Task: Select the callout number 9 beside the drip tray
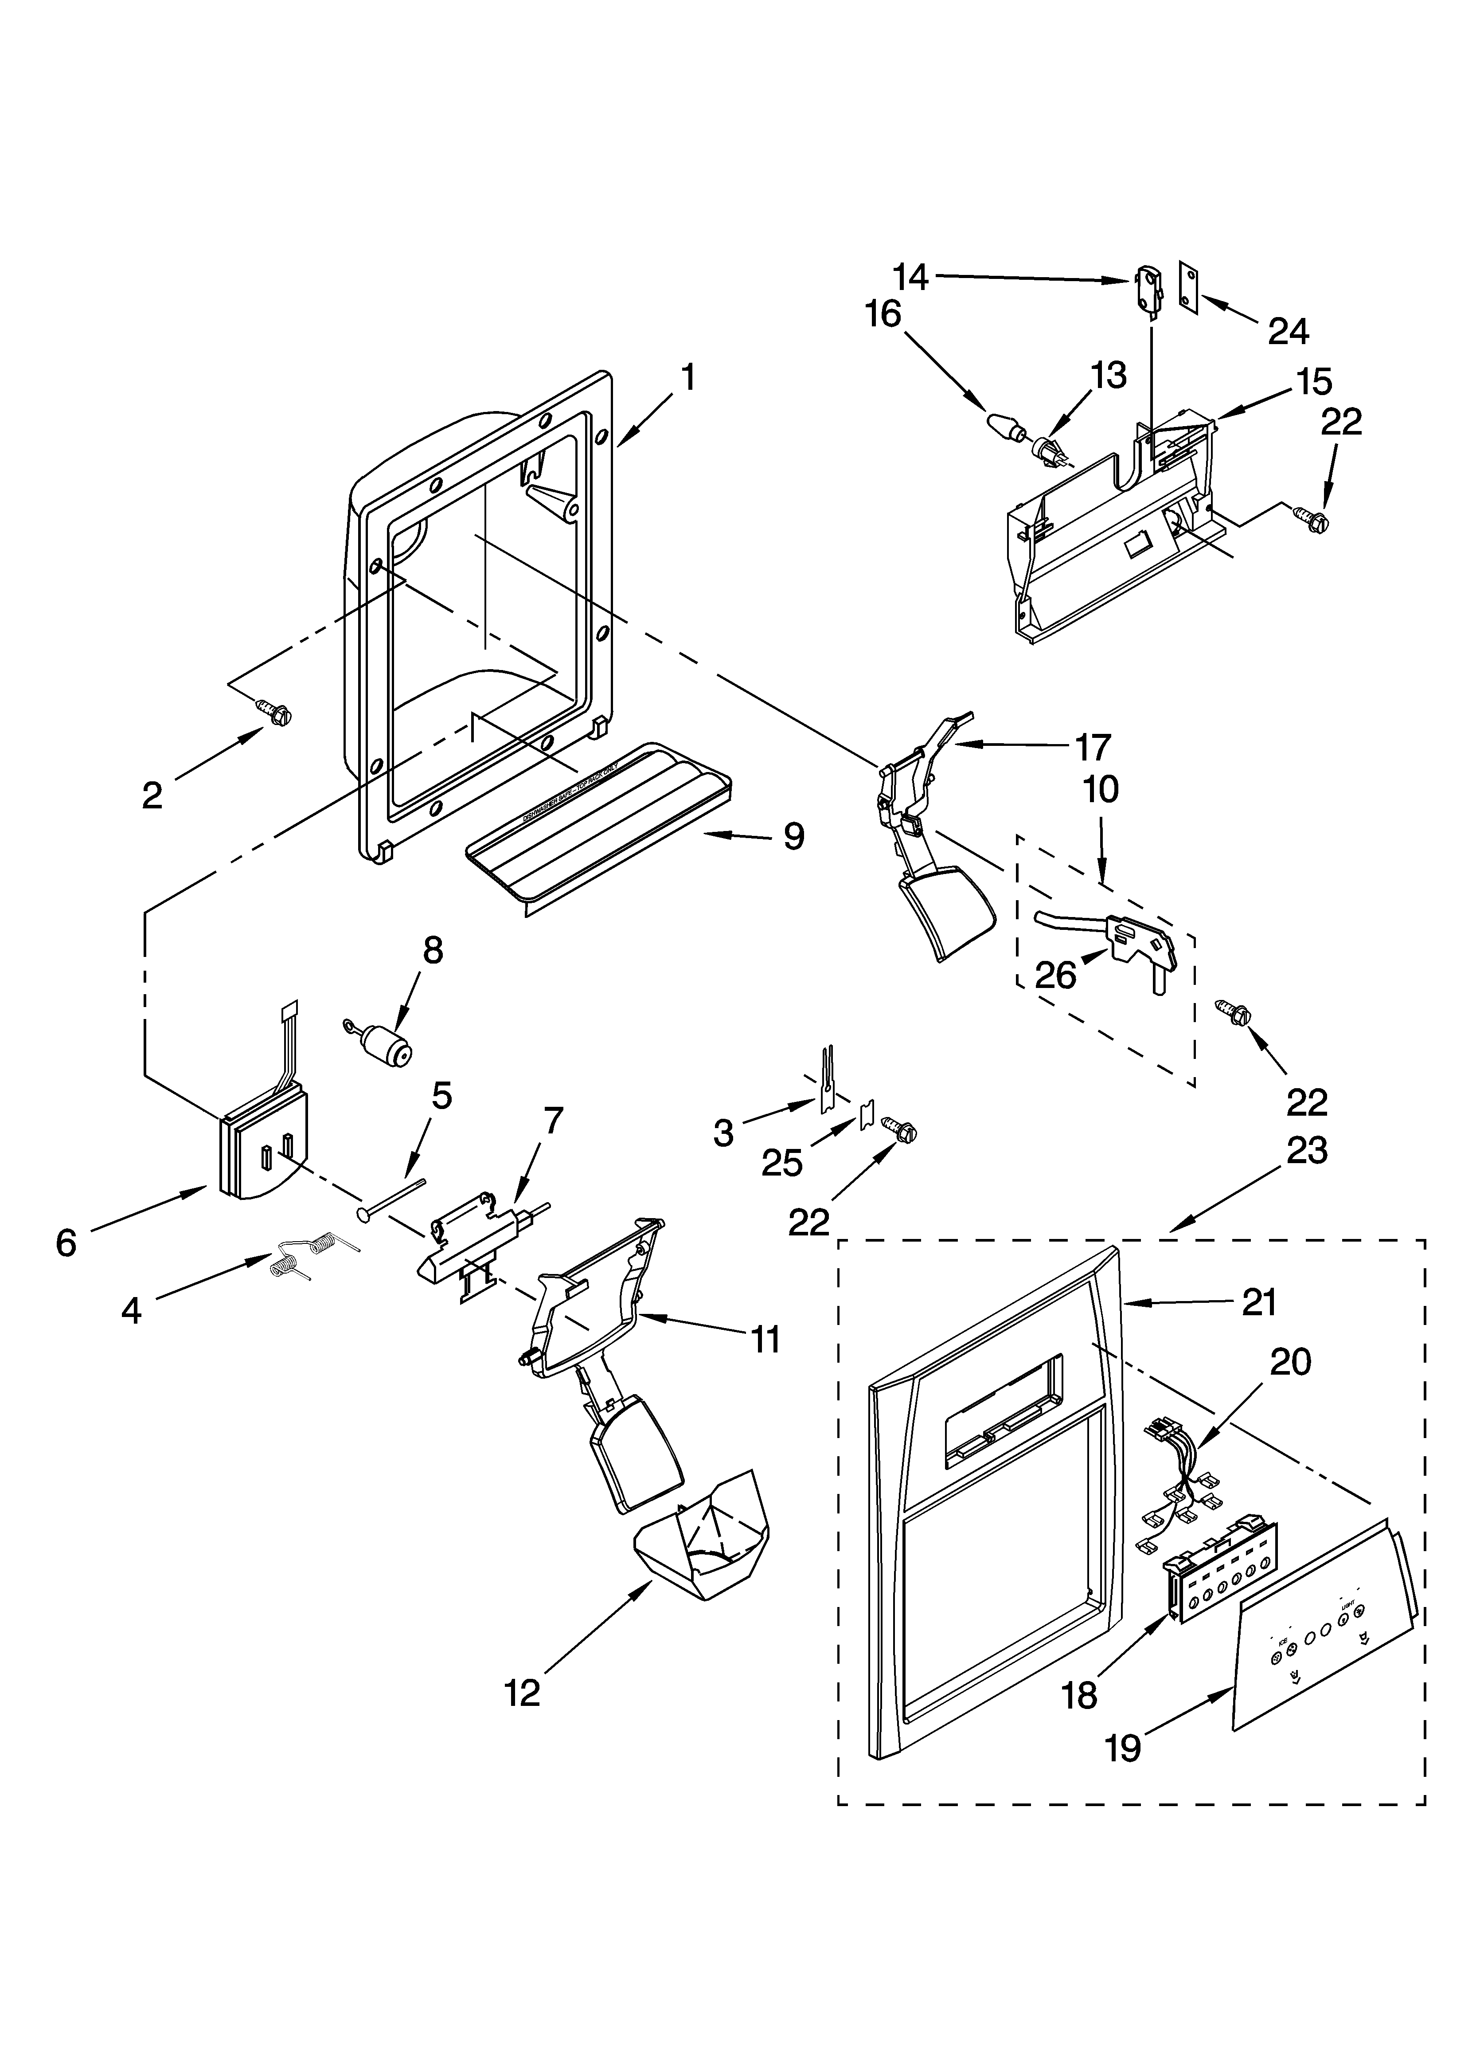(x=793, y=836)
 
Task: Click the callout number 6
(x=66, y=1243)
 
